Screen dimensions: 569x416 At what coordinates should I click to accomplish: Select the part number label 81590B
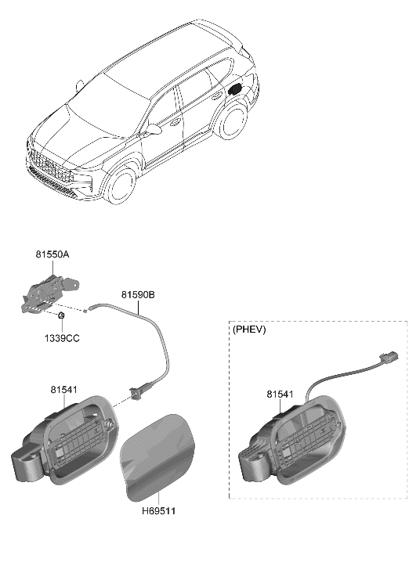pyautogui.click(x=137, y=294)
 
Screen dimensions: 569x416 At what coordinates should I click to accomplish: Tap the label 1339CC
pyautogui.click(x=62, y=338)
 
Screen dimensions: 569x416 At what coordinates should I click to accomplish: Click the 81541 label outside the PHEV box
pyautogui.click(x=63, y=389)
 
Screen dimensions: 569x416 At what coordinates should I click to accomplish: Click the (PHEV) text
pyautogui.click(x=250, y=330)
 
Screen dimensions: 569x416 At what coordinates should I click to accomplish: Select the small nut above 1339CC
pyautogui.click(x=61, y=315)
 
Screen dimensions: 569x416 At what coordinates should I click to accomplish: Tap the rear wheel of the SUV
pyautogui.click(x=233, y=126)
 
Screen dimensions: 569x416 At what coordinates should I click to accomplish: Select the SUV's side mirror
pyautogui.click(x=153, y=128)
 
